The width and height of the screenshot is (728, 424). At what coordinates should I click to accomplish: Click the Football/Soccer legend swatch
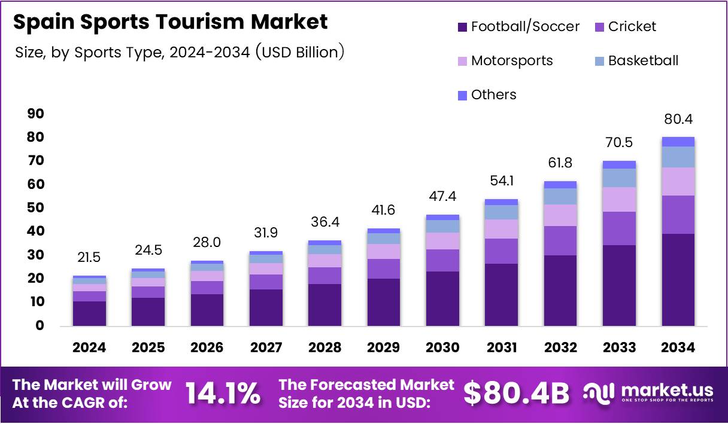click(x=462, y=27)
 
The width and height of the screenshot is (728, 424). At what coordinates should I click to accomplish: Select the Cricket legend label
click(x=632, y=27)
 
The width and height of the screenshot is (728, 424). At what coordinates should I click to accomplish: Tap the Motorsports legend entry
click(x=511, y=61)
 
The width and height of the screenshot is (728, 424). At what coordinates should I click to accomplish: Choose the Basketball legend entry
click(x=643, y=61)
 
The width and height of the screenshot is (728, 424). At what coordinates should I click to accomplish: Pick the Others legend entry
click(x=493, y=95)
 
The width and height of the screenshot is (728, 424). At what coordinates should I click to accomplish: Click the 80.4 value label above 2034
click(x=678, y=120)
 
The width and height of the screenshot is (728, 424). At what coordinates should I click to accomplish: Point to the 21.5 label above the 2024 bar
click(x=89, y=258)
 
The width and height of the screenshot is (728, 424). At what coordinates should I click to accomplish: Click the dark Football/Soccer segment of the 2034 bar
click(x=678, y=279)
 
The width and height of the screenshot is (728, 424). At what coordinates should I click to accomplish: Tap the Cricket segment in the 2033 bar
click(x=619, y=228)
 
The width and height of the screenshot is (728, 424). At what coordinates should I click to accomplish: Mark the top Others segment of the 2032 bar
click(x=560, y=185)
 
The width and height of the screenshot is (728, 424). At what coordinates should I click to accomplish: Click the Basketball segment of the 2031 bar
click(x=501, y=212)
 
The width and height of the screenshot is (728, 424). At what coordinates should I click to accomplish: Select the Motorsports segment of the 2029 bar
click(x=383, y=251)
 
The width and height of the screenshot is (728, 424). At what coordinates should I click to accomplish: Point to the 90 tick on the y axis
click(x=35, y=114)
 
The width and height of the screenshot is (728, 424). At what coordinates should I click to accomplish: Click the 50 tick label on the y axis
click(x=35, y=208)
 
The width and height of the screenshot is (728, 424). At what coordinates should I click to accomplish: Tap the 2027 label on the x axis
click(x=266, y=347)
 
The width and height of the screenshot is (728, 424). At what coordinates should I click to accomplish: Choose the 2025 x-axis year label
click(x=148, y=347)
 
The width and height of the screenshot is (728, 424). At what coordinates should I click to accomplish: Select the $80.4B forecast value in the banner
click(x=516, y=394)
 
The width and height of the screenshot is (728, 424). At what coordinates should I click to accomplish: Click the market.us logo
click(x=649, y=394)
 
